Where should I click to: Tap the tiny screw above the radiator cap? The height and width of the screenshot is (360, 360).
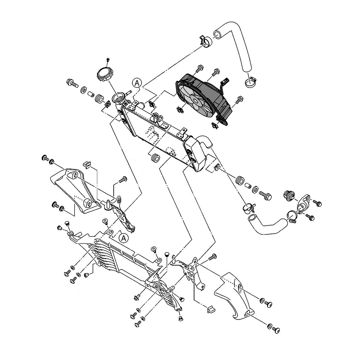108,59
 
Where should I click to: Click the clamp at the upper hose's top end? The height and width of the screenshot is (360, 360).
205,40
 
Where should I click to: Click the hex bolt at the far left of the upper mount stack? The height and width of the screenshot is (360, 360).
71,84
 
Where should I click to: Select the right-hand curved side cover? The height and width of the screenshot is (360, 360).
236,295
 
